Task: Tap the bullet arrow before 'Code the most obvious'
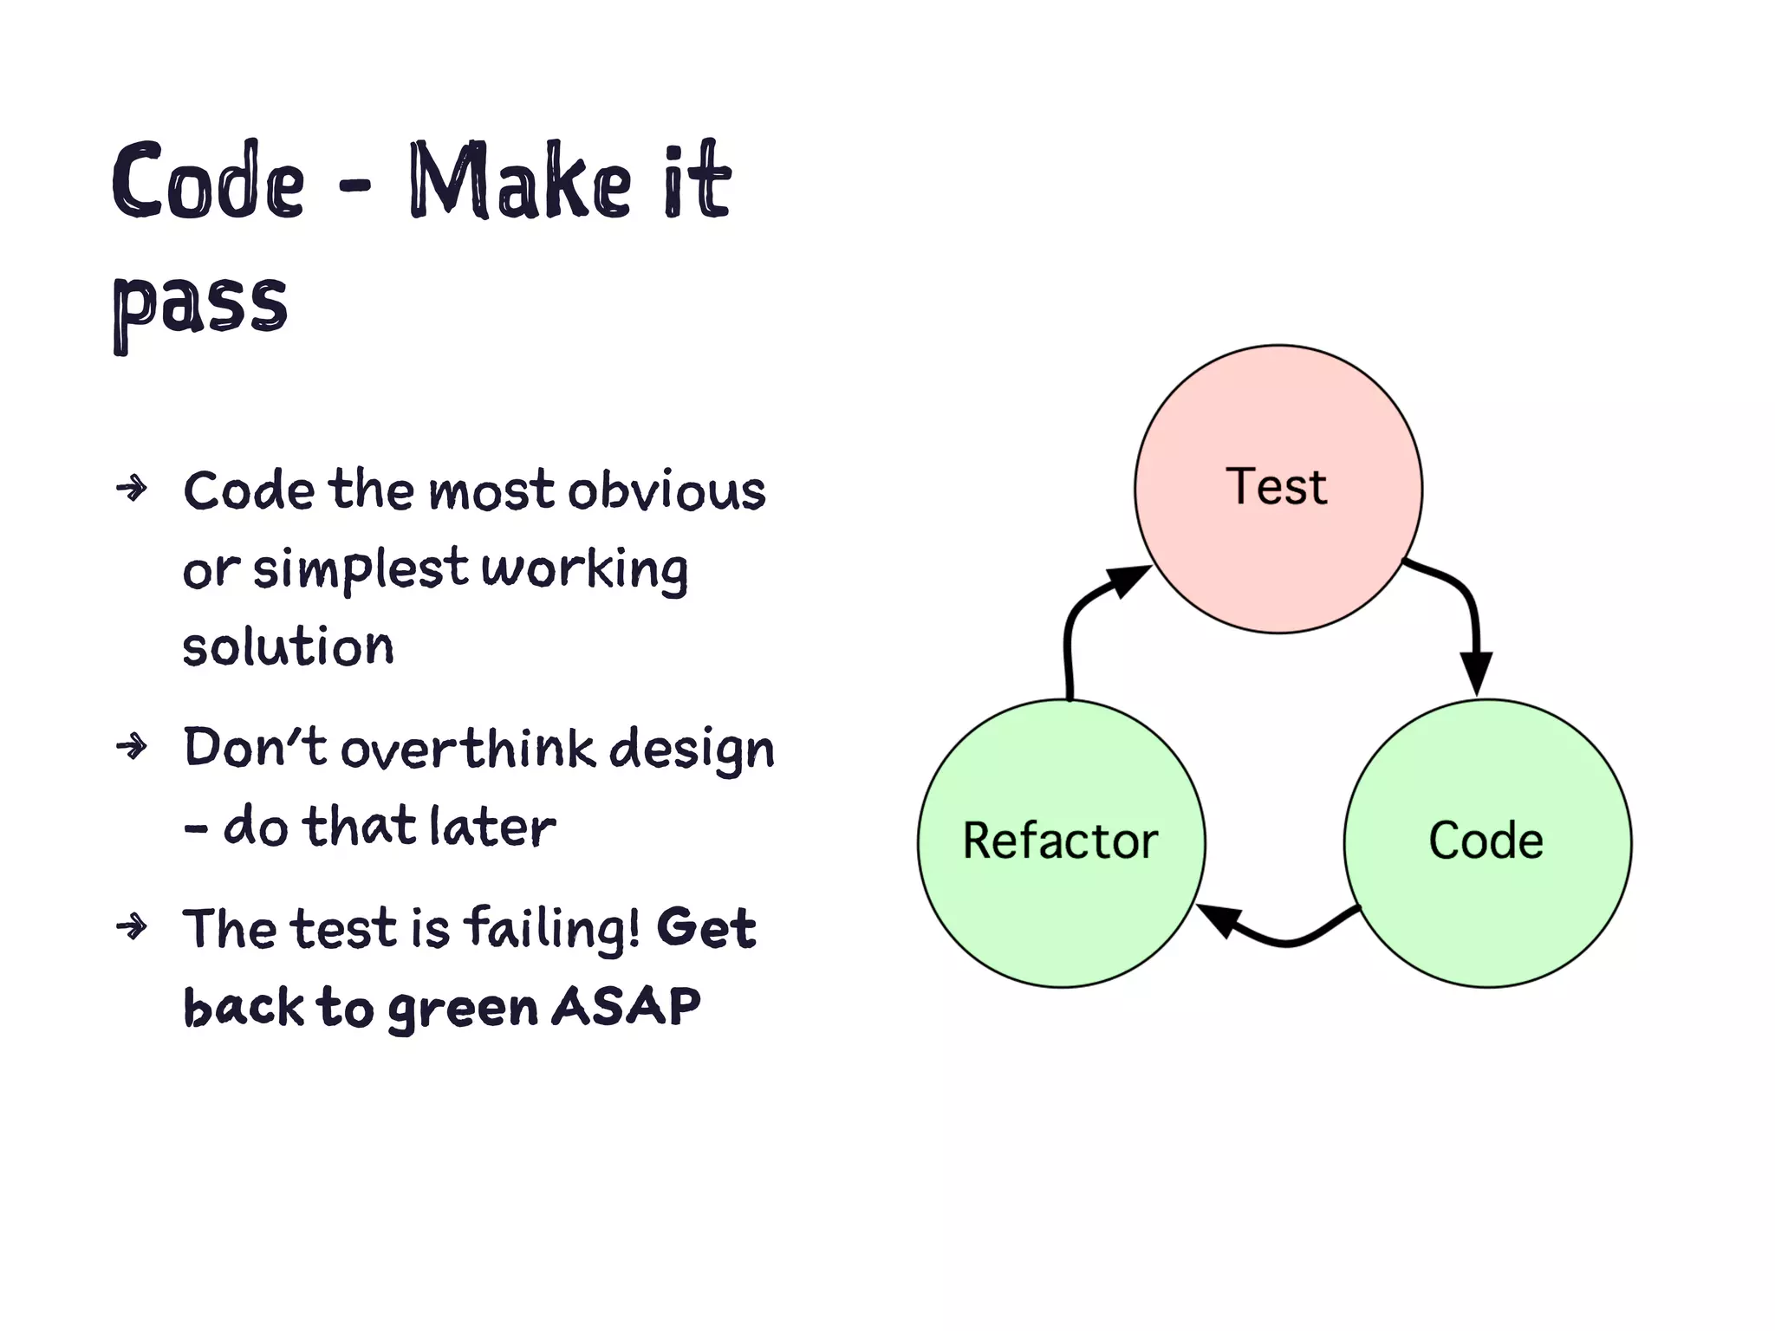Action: [132, 489]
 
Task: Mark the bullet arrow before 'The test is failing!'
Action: [132, 927]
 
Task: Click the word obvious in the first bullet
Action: [666, 490]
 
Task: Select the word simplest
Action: [360, 570]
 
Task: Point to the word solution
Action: [288, 648]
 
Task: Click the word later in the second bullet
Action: [492, 827]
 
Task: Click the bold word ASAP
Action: [626, 1007]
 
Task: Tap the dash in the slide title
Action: [354, 184]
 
